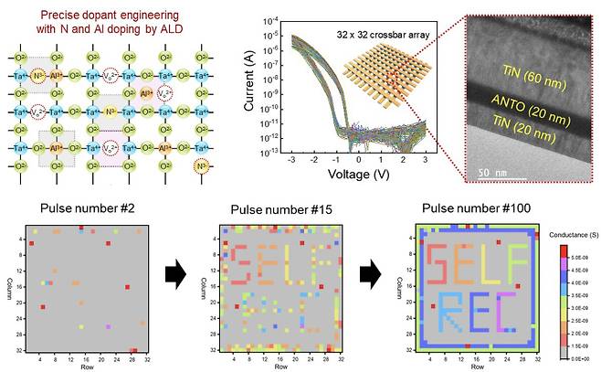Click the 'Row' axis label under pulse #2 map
click(85, 364)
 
